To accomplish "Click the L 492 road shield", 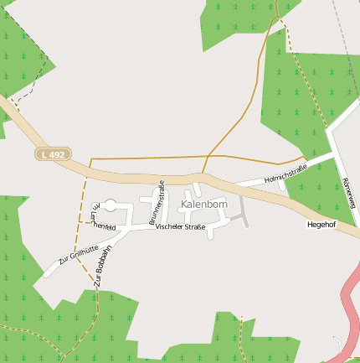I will (x=52, y=154).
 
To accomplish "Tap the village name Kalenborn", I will (x=203, y=204).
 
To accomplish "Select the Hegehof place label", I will (x=321, y=225).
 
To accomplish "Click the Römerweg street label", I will (x=348, y=193).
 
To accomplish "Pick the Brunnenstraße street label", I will (x=157, y=203).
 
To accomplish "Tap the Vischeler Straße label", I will (x=180, y=227).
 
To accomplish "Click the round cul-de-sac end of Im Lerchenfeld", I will (x=110, y=205).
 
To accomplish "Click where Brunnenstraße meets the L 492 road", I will (x=161, y=181).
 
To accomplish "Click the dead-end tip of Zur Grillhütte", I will (x=47, y=274).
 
